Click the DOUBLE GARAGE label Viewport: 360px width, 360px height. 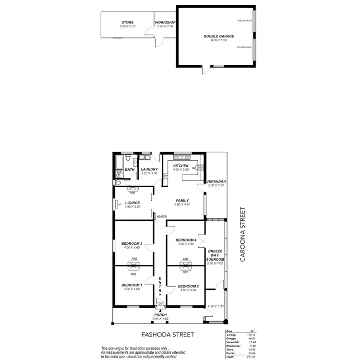click(218, 36)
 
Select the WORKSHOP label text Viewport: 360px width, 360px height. click(165, 22)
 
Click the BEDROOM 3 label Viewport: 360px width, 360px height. click(131, 243)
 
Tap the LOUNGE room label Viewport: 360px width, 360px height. click(132, 203)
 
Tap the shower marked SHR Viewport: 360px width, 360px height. click(119, 173)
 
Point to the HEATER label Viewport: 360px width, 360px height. click(161, 216)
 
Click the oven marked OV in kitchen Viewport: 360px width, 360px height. click(194, 168)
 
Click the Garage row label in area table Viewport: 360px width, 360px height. click(231, 338)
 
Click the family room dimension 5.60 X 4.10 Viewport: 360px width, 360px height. click(182, 204)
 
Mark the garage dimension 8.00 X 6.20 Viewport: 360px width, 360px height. click(218, 40)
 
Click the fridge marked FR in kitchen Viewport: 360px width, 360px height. click(166, 176)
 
